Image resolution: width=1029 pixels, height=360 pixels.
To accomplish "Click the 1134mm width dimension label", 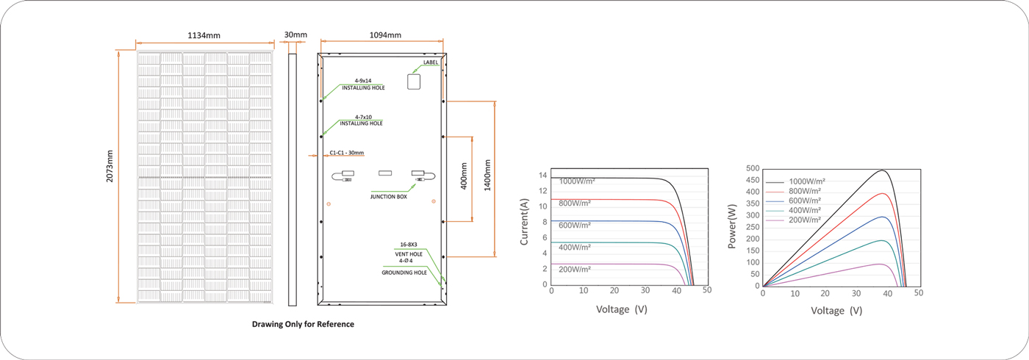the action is [x=204, y=35].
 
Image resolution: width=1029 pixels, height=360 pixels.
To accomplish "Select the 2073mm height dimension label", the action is [x=110, y=166].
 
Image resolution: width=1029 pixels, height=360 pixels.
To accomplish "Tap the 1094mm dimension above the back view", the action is [x=385, y=35].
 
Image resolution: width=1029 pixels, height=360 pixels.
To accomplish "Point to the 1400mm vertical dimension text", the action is [x=487, y=176].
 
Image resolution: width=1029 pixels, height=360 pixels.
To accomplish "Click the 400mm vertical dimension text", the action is [x=464, y=176].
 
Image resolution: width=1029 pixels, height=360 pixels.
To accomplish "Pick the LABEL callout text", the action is [x=431, y=62].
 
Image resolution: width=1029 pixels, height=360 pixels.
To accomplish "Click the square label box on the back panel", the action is [x=414, y=82].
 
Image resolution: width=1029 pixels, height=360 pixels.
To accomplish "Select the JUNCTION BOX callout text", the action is [x=389, y=197].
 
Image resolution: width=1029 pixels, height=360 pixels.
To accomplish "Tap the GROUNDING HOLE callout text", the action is [x=404, y=273].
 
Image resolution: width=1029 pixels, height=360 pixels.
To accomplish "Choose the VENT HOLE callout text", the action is [x=409, y=254].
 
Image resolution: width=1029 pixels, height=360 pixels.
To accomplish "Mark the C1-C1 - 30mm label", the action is [x=347, y=153].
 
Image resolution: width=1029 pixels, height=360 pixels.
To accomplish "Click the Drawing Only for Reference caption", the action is [x=303, y=324].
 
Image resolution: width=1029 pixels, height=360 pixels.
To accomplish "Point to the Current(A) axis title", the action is [x=524, y=222].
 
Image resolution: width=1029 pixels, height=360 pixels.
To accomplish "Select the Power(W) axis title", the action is [x=732, y=226].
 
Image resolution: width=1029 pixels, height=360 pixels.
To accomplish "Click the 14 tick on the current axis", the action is [x=543, y=176].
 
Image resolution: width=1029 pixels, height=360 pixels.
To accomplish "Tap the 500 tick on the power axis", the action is [x=753, y=168].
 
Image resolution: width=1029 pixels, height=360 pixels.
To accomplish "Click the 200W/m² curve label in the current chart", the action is [x=575, y=270].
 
